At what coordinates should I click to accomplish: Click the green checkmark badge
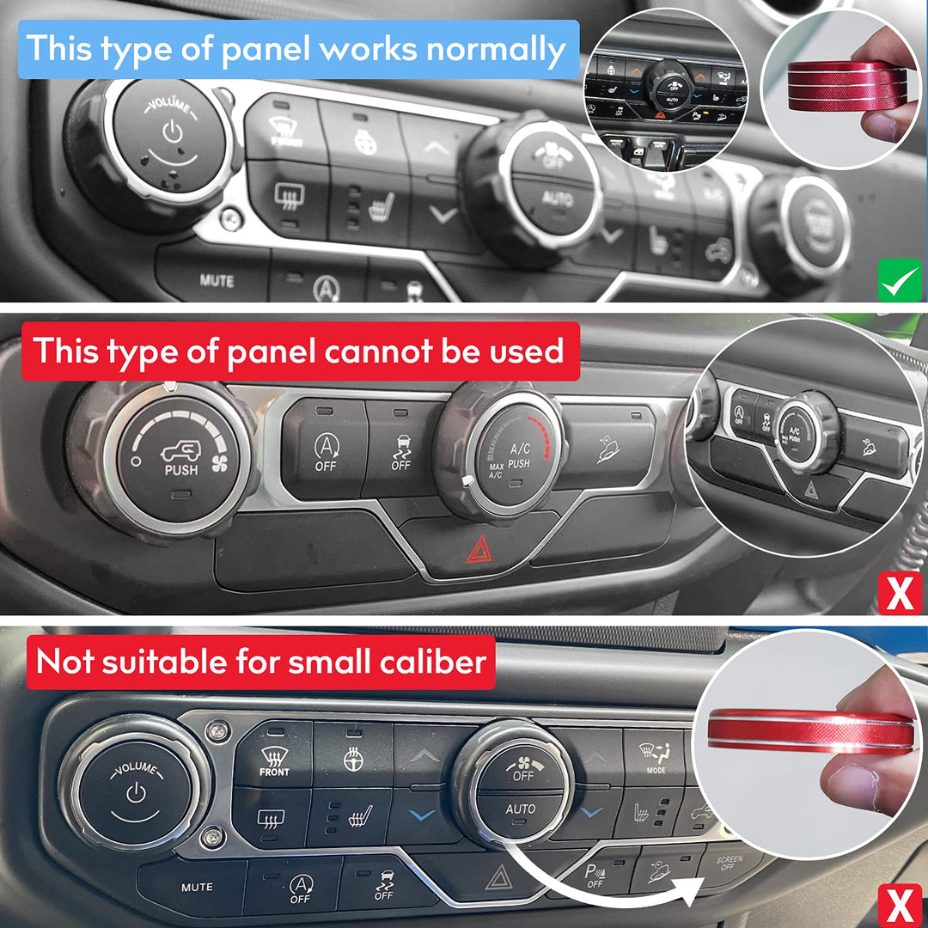coord(900,281)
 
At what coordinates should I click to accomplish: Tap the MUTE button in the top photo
coord(217,281)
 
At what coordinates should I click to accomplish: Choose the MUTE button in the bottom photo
coord(197,887)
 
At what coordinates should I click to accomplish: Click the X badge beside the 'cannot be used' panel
coord(900,593)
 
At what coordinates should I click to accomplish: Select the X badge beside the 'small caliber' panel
coord(900,906)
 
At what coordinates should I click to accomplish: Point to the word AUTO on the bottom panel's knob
coord(521,809)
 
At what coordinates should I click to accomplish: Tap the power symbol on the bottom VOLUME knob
coord(136,792)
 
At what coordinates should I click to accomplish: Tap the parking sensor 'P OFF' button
coord(595,876)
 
